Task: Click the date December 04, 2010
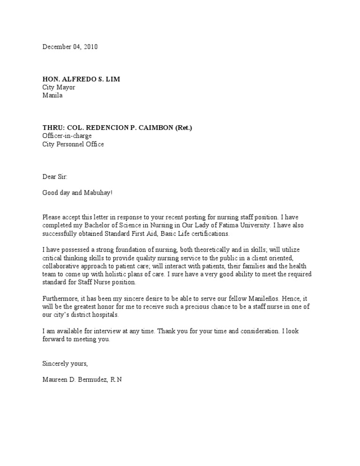(x=70, y=47)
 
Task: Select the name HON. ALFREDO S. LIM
(x=81, y=79)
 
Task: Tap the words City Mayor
(x=59, y=87)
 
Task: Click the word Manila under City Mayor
(x=52, y=95)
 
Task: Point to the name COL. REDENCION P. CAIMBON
(x=117, y=128)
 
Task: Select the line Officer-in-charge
(x=67, y=136)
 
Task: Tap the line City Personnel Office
(x=73, y=144)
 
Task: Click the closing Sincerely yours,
(x=65, y=363)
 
